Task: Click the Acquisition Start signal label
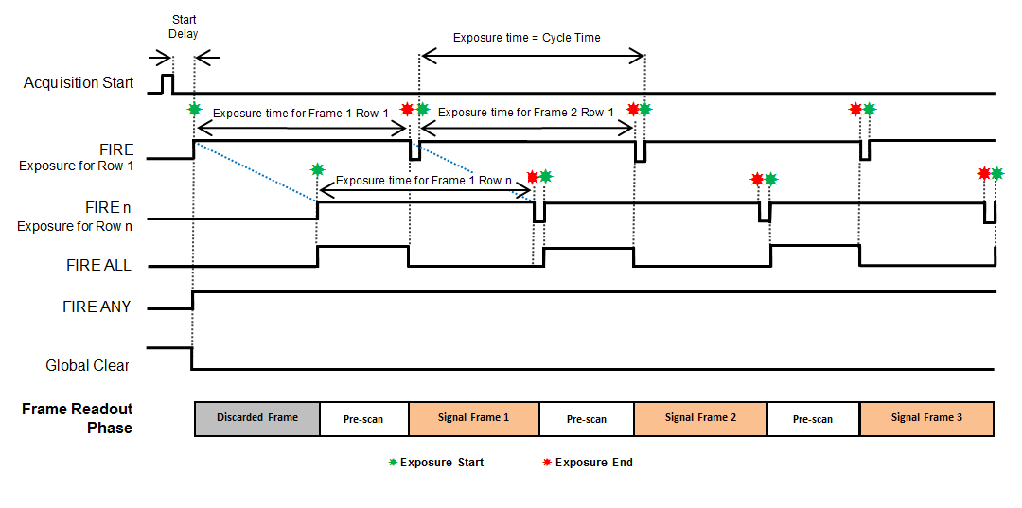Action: point(79,83)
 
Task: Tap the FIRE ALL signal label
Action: point(97,266)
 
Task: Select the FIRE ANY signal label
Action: point(97,307)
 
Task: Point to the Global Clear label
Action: point(88,365)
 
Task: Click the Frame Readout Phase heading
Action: point(78,418)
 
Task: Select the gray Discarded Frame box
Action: point(256,418)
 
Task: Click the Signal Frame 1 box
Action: point(473,418)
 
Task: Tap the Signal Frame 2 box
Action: point(700,418)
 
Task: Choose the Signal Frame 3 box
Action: point(926,418)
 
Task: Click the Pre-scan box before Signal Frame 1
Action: point(363,418)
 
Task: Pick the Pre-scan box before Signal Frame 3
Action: point(813,418)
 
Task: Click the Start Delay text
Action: point(184,26)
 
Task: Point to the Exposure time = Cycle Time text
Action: point(526,38)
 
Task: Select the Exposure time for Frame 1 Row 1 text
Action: point(300,113)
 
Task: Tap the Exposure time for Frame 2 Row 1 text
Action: point(526,113)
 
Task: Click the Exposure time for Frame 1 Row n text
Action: point(423,181)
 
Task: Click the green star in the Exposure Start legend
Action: point(393,463)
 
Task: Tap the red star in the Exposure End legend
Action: point(546,463)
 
